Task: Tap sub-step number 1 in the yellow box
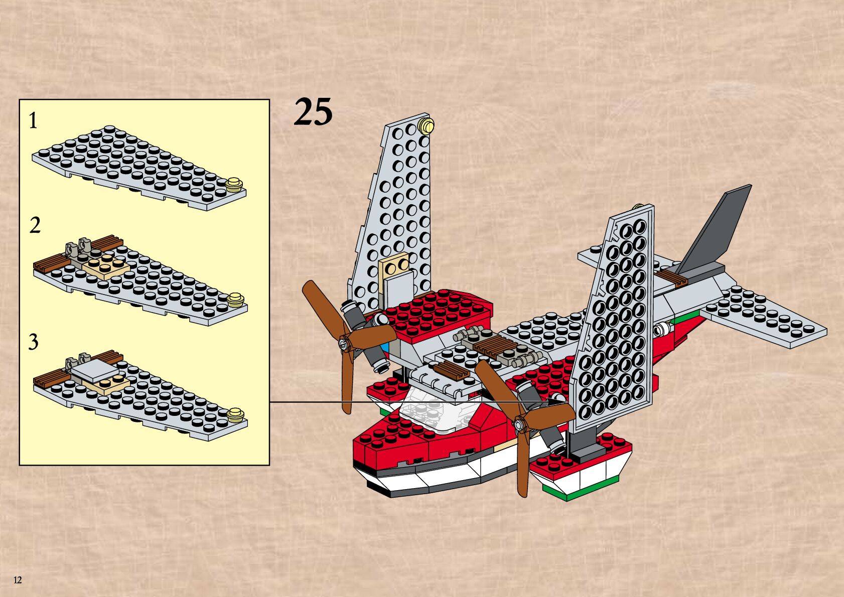(x=33, y=121)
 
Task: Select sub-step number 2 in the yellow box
(x=34, y=226)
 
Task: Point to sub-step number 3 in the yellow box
(x=33, y=342)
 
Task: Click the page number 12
(x=18, y=580)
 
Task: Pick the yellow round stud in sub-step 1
(x=233, y=185)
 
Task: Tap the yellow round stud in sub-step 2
(x=235, y=300)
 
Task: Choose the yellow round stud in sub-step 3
(x=235, y=415)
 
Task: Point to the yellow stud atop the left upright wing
(x=426, y=125)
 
